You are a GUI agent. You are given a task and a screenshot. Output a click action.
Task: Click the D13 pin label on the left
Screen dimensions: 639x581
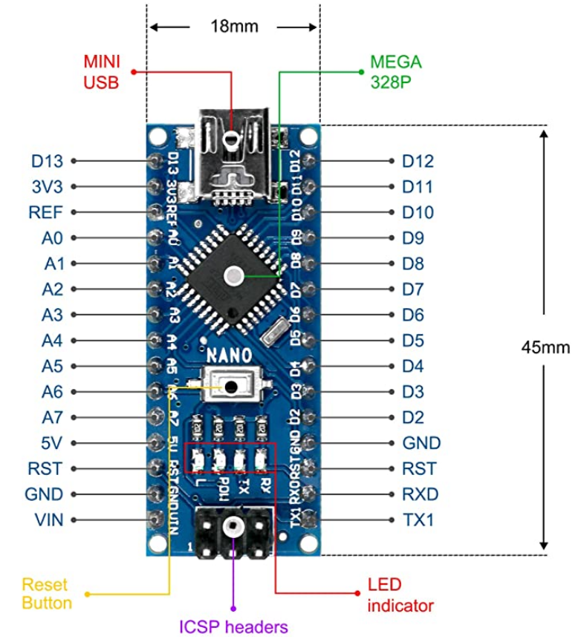[46, 161]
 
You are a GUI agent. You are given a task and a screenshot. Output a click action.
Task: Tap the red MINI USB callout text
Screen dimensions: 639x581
[100, 71]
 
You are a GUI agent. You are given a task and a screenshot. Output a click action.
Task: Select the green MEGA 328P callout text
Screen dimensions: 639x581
[395, 71]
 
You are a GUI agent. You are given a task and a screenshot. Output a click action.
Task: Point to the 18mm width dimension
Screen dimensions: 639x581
[234, 27]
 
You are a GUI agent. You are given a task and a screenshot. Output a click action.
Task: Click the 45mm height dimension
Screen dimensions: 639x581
[545, 347]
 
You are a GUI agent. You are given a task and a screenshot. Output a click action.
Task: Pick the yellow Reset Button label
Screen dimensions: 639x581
[47, 593]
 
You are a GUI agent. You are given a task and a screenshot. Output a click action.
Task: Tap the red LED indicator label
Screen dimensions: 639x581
[400, 596]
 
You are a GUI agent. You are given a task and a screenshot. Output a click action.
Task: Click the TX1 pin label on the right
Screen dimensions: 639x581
[418, 520]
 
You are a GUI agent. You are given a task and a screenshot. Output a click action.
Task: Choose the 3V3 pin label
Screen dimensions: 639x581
[47, 186]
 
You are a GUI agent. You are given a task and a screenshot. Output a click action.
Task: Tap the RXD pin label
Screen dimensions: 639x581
[420, 494]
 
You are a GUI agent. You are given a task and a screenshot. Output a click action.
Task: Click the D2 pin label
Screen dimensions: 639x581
[412, 418]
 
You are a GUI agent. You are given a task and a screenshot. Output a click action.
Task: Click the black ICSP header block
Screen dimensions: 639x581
[233, 531]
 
